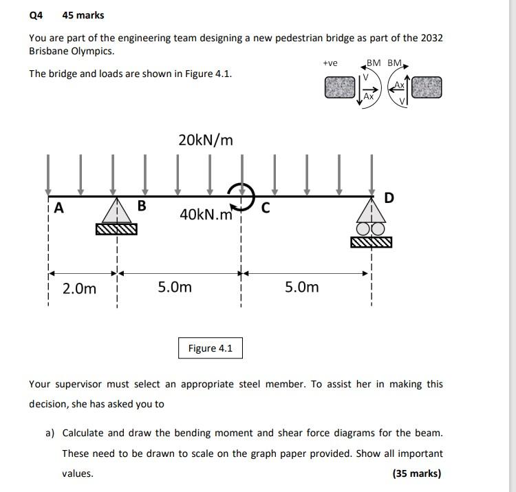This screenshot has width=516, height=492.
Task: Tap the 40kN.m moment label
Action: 206,215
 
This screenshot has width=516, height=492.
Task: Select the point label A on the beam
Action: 58,208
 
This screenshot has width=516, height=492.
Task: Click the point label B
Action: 142,206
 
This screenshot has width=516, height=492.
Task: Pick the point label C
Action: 266,206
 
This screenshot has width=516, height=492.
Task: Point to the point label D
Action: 389,198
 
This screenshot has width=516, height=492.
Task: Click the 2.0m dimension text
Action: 79,288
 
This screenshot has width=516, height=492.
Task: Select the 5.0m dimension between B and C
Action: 175,287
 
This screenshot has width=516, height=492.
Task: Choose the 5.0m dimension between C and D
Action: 302,287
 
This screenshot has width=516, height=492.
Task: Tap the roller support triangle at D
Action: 371,209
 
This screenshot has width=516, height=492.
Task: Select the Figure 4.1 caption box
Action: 211,348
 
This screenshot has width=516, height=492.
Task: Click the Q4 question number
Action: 36,15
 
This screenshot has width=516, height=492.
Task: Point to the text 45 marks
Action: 83,15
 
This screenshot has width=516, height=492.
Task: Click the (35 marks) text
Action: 417,473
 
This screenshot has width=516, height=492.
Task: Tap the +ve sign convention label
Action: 330,63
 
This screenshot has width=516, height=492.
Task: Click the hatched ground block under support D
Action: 371,242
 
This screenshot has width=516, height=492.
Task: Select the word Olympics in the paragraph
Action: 92,51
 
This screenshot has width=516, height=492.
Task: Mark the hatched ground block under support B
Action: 116,229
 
